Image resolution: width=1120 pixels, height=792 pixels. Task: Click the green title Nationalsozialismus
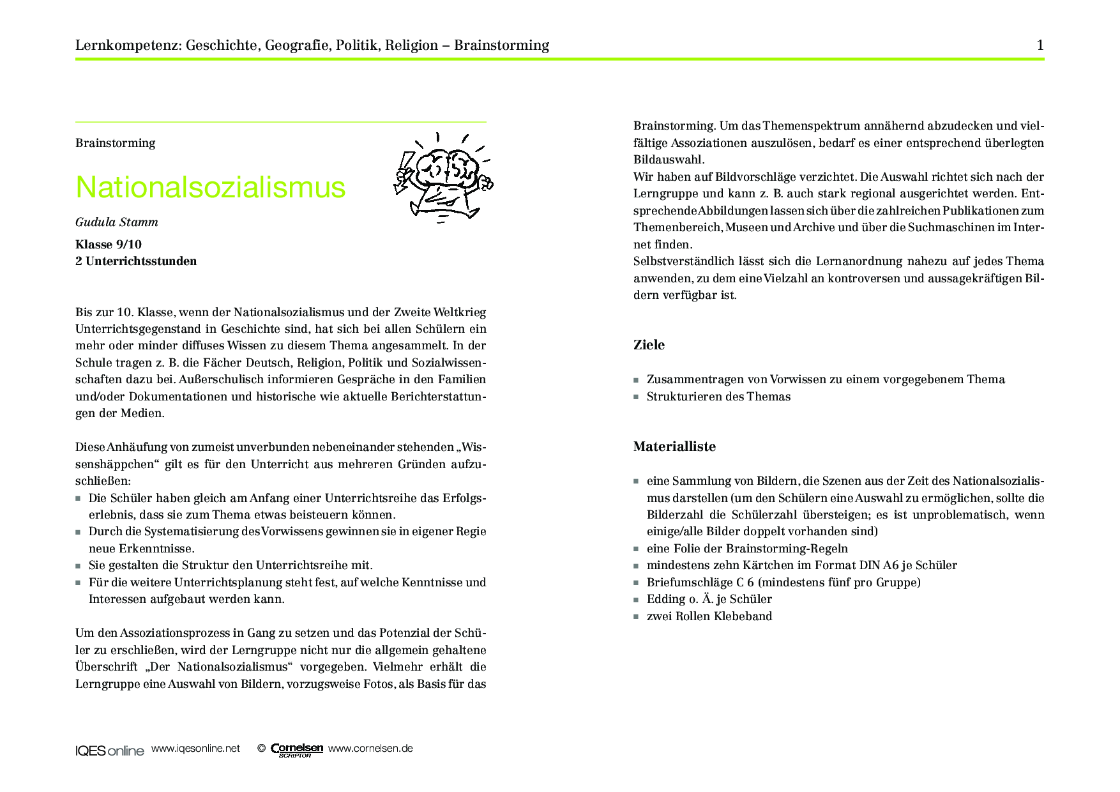[210, 187]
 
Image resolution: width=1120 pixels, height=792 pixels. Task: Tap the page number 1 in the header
[1040, 45]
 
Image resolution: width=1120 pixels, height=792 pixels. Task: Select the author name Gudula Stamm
[116, 222]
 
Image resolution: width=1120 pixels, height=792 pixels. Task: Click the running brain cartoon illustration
[443, 177]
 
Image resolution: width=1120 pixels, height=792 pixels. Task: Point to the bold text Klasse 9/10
[109, 245]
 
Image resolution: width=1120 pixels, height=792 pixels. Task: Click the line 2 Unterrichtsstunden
[136, 261]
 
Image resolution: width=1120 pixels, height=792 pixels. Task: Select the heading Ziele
[649, 345]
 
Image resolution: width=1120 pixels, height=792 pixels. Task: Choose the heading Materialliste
[674, 446]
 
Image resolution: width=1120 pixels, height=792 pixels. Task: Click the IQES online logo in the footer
[109, 750]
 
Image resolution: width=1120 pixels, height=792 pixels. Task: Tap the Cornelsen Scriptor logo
[297, 750]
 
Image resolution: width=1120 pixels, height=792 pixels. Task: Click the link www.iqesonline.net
[195, 749]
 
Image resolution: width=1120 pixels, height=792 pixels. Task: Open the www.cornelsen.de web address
[370, 749]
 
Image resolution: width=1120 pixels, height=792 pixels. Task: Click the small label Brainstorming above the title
[115, 143]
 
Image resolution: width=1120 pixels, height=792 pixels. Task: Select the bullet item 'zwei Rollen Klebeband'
[709, 616]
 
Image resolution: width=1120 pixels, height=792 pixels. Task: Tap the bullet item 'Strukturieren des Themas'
[718, 397]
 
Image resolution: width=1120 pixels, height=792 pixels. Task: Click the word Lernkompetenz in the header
[128, 45]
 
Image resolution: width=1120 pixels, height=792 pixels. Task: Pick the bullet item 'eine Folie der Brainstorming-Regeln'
[747, 549]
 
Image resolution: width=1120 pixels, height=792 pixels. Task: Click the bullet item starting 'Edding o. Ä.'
[709, 599]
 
